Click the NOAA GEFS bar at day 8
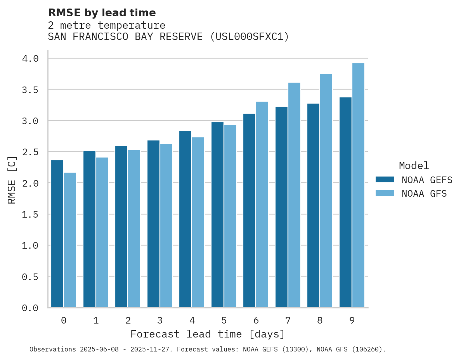click(x=313, y=205)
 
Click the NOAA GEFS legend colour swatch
click(x=385, y=180)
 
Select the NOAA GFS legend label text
click(x=424, y=194)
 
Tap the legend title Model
click(x=414, y=166)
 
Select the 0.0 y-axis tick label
click(x=30, y=308)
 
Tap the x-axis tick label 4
click(x=192, y=320)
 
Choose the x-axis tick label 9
click(x=352, y=320)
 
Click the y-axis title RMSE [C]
click(x=12, y=180)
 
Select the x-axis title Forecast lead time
click(x=208, y=334)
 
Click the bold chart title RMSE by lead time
click(x=102, y=13)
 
